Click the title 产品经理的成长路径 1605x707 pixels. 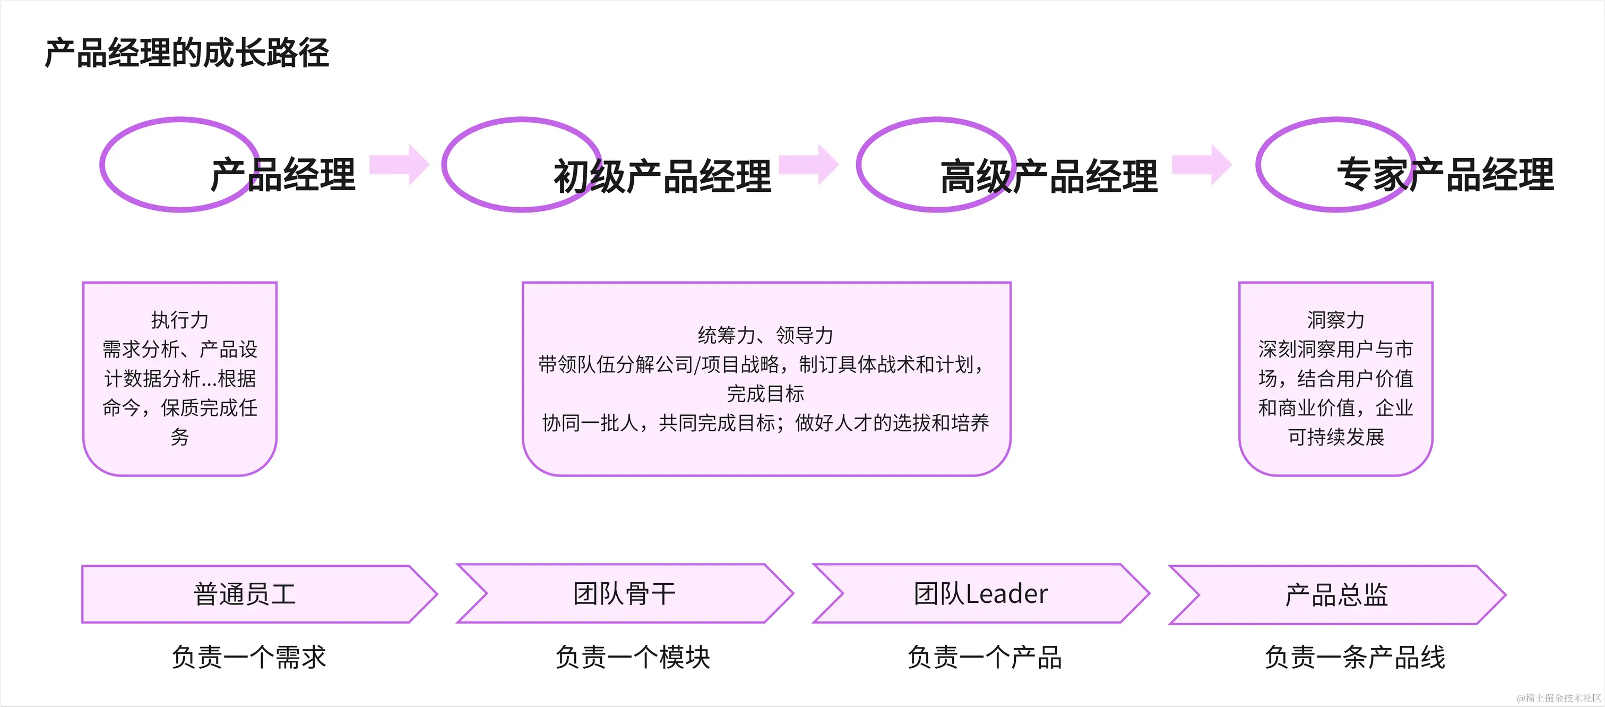187,53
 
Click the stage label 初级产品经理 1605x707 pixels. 662,176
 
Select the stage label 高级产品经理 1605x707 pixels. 1049,176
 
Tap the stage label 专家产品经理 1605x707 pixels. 1445,175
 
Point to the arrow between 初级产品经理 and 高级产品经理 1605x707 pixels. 809,165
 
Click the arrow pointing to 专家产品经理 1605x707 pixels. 1202,165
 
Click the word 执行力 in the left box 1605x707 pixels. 179,320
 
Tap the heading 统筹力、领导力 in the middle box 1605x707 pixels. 766,335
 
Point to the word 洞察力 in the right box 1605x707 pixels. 1335,320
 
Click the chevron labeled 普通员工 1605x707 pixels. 245,594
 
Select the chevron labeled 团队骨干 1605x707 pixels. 624,593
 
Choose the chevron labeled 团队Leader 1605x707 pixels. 981,593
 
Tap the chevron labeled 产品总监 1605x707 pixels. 1336,595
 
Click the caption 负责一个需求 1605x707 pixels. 248,657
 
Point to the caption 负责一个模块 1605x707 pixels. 633,657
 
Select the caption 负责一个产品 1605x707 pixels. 985,657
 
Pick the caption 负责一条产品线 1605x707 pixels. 1354,657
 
